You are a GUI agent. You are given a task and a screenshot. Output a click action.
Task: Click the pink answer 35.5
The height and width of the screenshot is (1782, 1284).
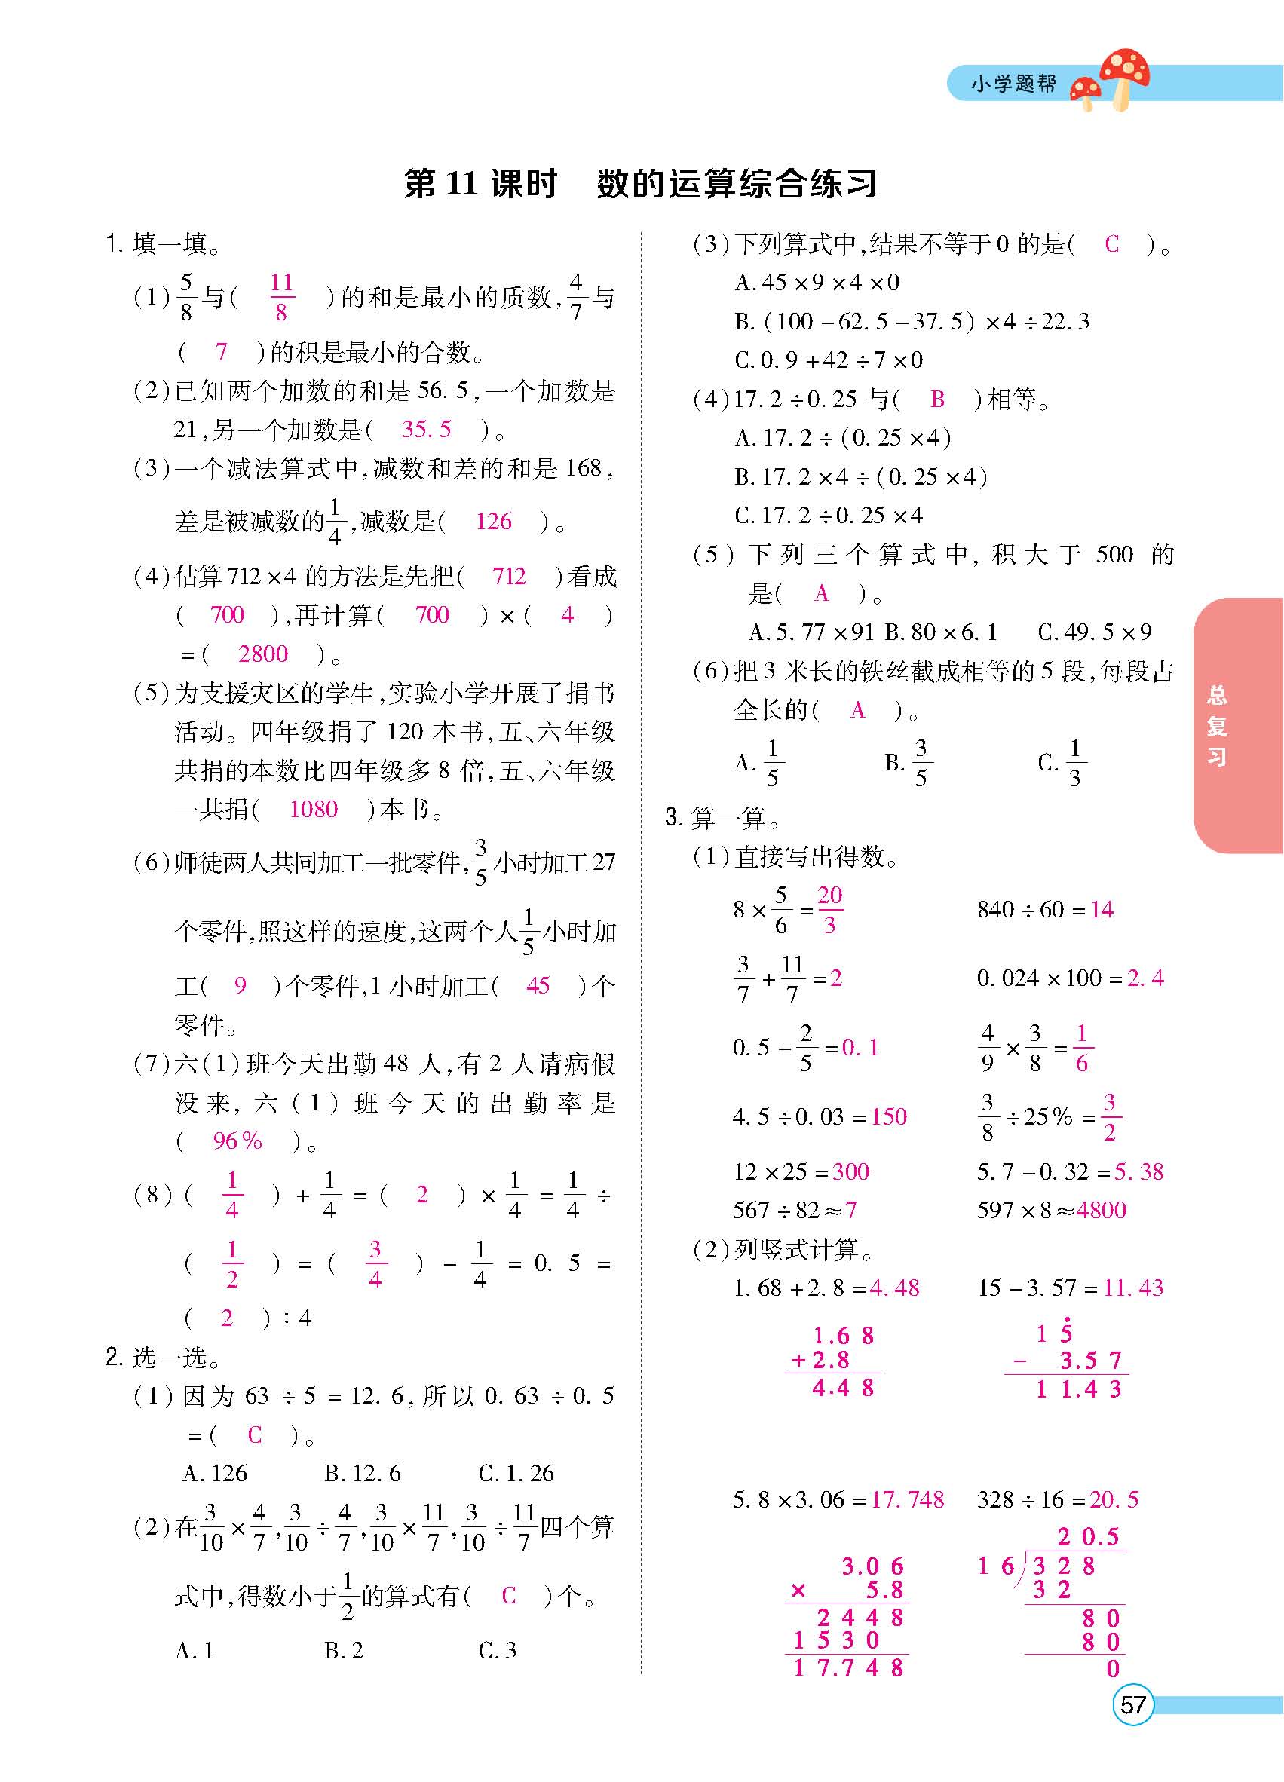tap(426, 429)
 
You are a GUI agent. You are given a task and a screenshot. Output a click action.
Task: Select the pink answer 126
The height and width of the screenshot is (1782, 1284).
tap(494, 521)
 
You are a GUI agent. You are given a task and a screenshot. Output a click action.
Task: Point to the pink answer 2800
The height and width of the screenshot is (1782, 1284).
tap(262, 654)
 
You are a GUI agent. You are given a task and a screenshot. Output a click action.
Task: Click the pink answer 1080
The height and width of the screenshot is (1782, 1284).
tap(313, 810)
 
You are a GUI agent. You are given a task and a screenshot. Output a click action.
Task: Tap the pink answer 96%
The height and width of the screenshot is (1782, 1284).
tap(237, 1141)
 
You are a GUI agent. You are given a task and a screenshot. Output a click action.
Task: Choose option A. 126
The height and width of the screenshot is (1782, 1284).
tap(215, 1473)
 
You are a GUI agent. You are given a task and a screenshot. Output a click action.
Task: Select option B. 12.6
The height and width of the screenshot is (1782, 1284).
tap(362, 1473)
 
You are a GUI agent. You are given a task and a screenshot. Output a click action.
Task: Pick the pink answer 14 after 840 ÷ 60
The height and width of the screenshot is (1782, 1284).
tap(1102, 910)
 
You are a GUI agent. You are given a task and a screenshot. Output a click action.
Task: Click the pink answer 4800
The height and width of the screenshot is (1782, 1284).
tap(1102, 1210)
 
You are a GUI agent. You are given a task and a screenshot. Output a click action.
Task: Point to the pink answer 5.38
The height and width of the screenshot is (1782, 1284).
tap(1138, 1171)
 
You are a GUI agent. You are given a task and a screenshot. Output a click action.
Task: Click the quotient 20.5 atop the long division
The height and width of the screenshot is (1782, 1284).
tap(1088, 1537)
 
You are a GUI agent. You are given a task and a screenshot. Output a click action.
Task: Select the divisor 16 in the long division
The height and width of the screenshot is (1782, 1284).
tap(996, 1566)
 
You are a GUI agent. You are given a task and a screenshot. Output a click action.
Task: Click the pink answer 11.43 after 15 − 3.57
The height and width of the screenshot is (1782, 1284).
tap(1133, 1288)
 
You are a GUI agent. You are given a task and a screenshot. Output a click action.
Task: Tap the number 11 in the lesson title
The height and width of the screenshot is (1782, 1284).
tap(461, 184)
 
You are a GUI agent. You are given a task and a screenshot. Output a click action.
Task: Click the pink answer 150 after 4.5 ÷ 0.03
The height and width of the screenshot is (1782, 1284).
tap(889, 1116)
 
